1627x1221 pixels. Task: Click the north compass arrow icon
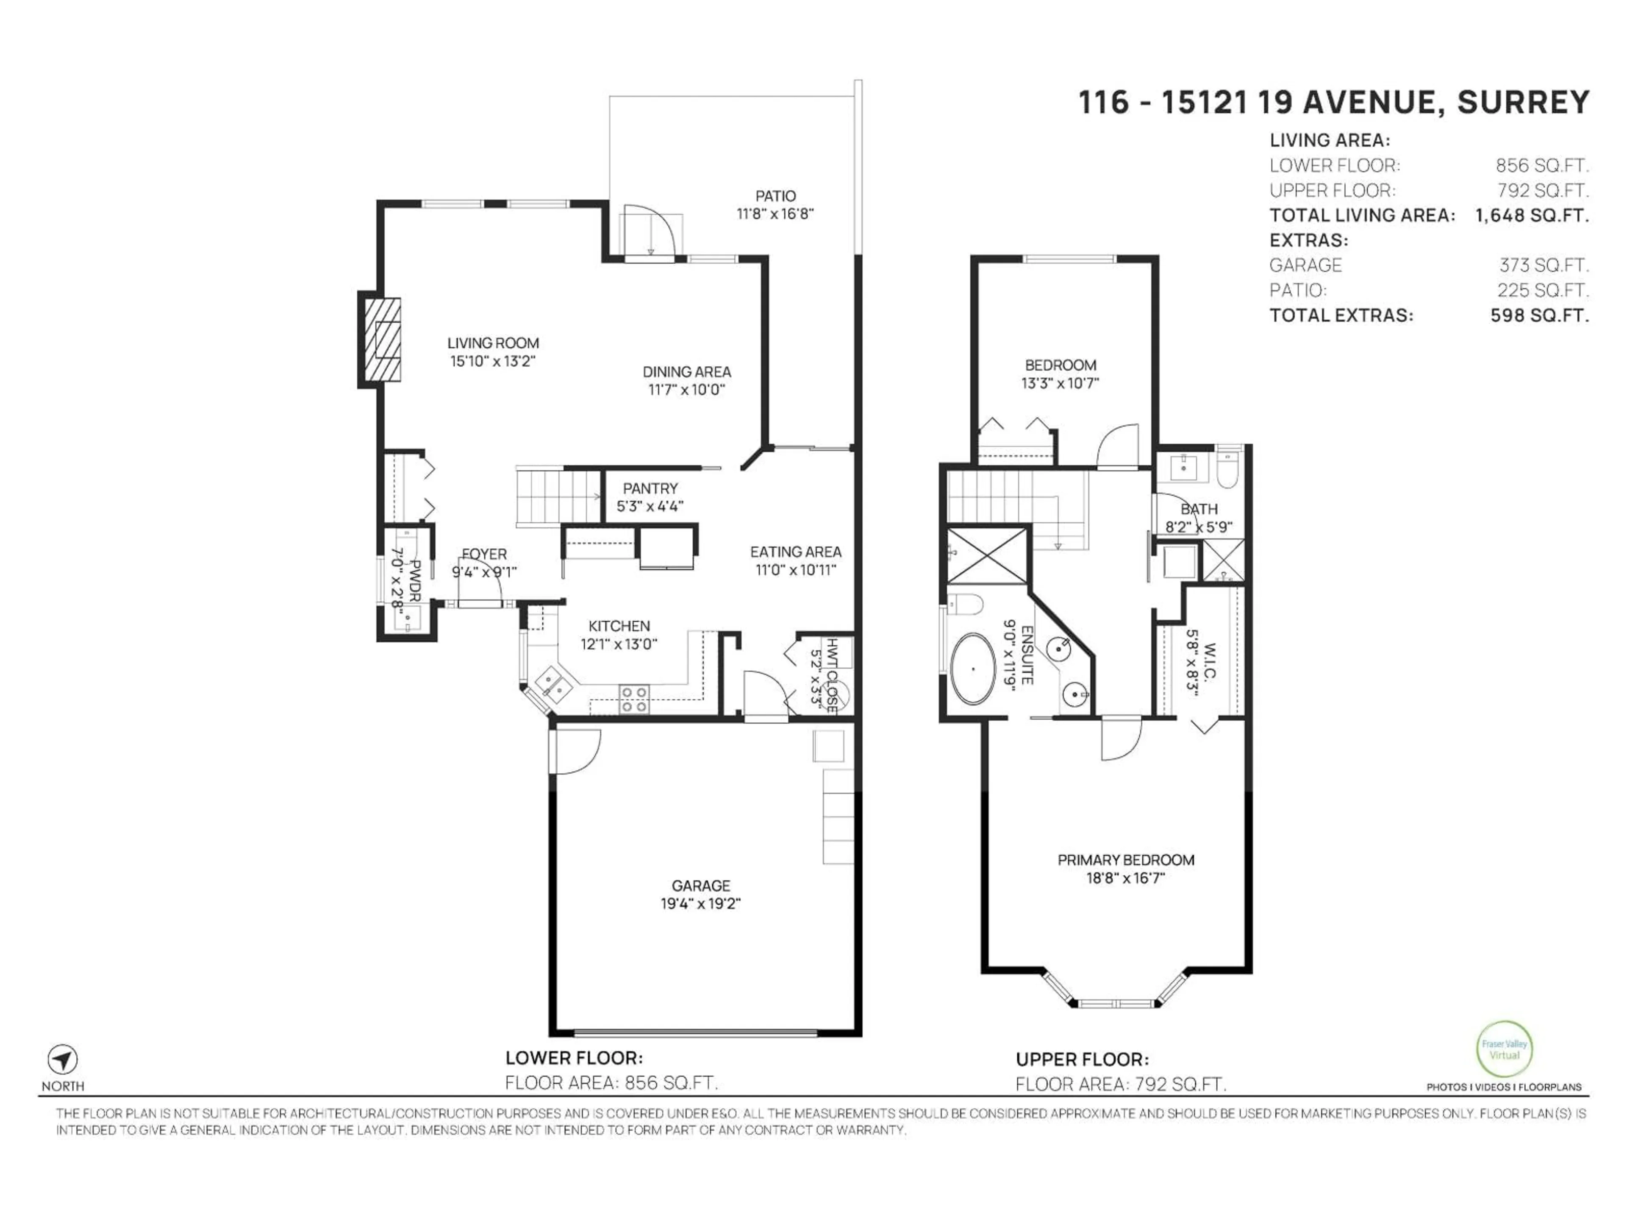point(63,1060)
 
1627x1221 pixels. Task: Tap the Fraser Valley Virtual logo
point(1504,1049)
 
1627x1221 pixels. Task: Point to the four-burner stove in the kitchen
point(634,699)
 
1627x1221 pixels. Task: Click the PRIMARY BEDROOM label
point(1125,860)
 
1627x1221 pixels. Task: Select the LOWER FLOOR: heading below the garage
point(574,1058)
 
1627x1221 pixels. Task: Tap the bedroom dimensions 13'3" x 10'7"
point(1060,383)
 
